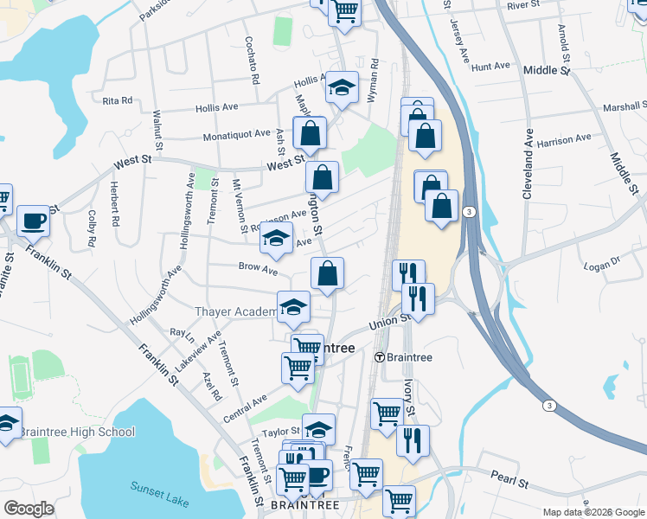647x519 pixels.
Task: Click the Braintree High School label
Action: coord(77,432)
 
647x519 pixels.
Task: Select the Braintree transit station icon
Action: coord(379,356)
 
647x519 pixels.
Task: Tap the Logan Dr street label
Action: coord(604,260)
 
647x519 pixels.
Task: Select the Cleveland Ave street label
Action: coord(527,165)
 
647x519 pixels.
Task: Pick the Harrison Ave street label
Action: coord(563,138)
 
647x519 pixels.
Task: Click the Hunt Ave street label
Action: coord(491,67)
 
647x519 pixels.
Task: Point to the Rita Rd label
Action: coord(117,101)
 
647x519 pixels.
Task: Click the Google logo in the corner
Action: coord(29,509)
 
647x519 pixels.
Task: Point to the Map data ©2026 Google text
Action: coord(593,512)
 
